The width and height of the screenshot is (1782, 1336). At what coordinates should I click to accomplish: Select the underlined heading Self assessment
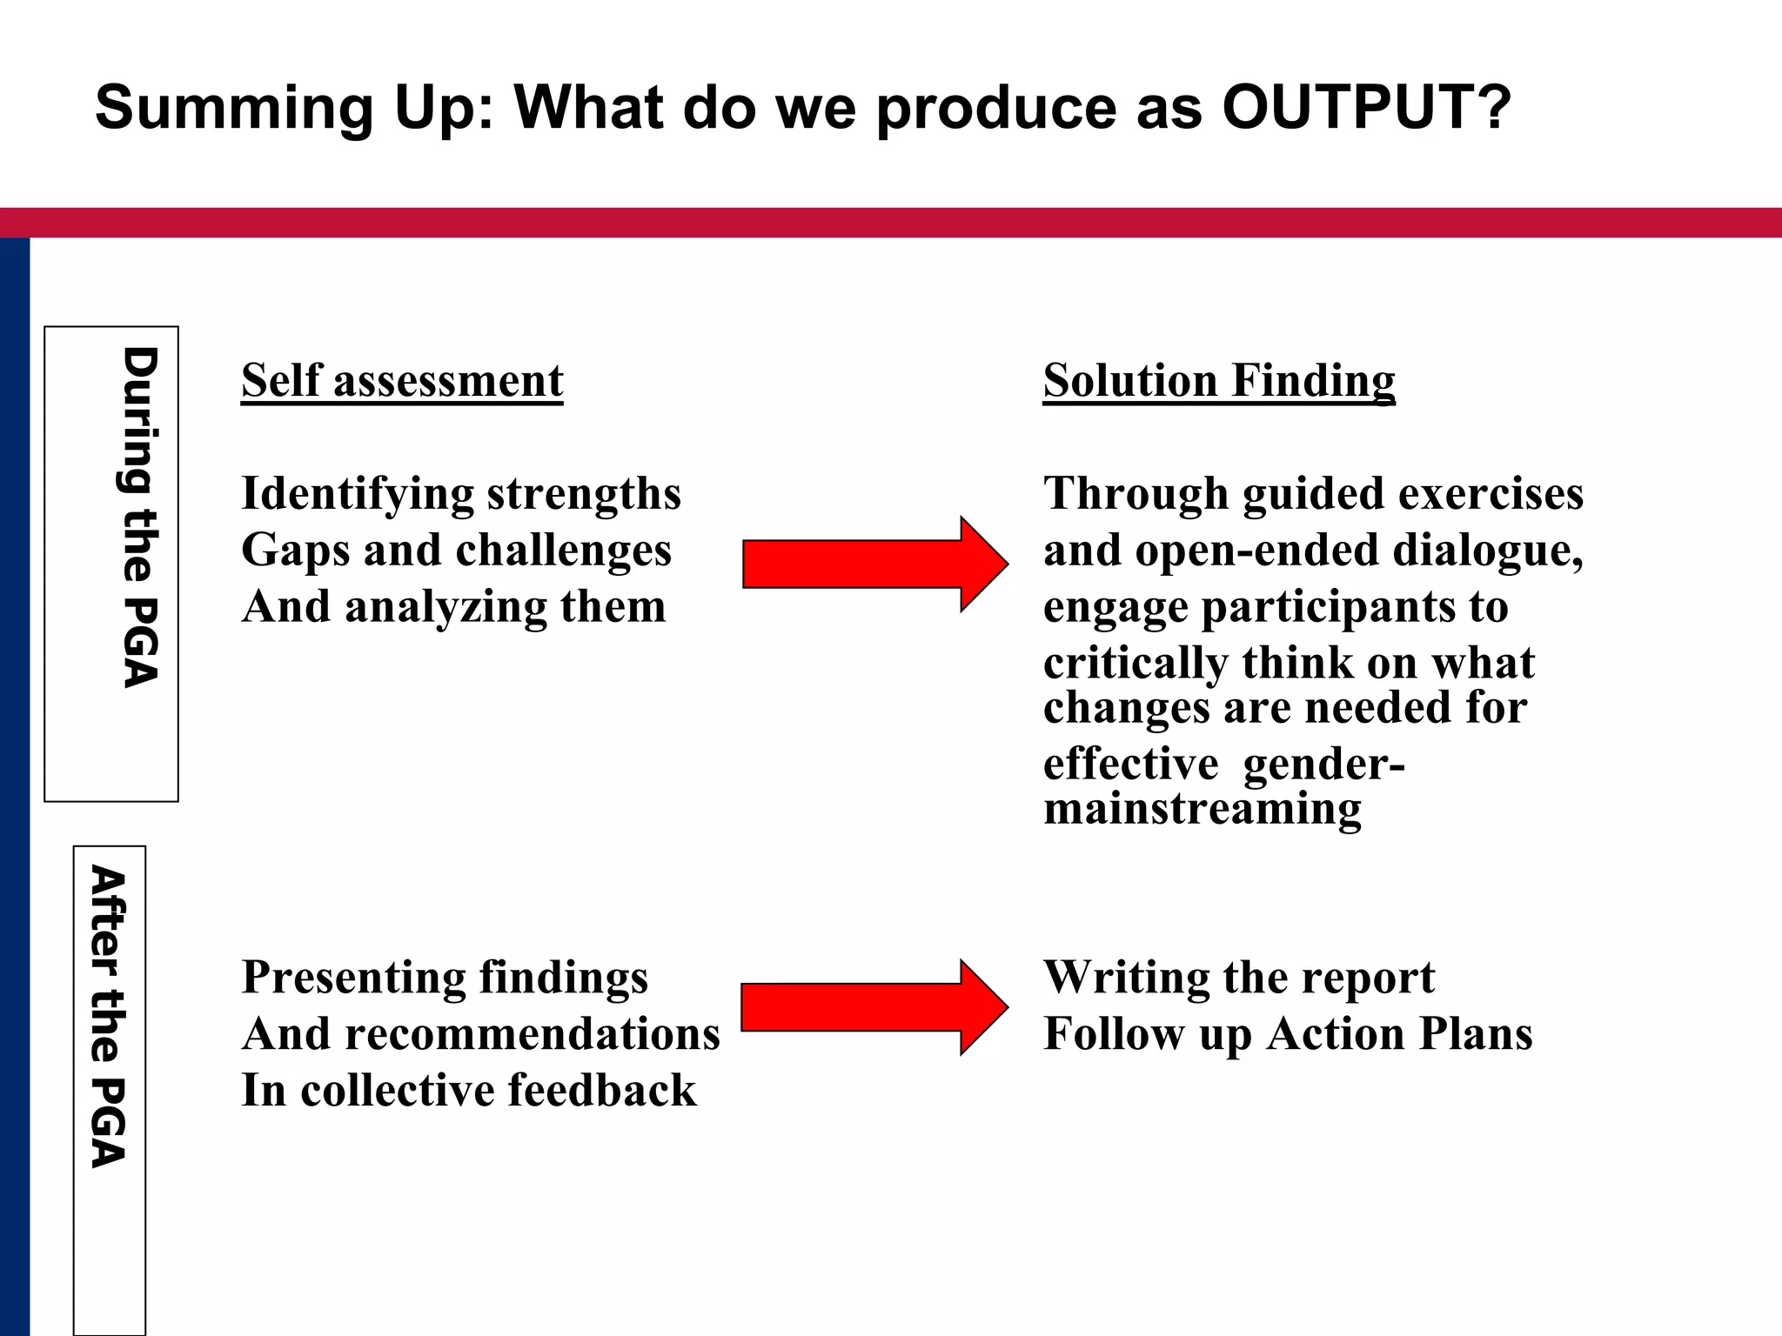pyautogui.click(x=402, y=381)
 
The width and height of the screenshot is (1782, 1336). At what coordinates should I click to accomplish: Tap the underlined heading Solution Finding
pyautogui.click(x=1219, y=381)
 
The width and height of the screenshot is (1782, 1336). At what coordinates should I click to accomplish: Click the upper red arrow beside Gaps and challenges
pyautogui.click(x=874, y=564)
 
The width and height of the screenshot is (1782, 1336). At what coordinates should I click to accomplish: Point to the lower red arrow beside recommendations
pyautogui.click(x=874, y=1007)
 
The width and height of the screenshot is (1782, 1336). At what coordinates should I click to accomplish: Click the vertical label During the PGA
pyautogui.click(x=139, y=518)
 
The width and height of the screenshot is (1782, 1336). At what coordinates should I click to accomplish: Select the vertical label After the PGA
pyautogui.click(x=109, y=1016)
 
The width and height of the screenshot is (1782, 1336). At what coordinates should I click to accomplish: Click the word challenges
pyautogui.click(x=563, y=551)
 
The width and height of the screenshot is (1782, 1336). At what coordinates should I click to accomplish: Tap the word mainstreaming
pyautogui.click(x=1202, y=809)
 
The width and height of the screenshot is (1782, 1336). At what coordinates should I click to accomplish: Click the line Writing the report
pyautogui.click(x=1238, y=978)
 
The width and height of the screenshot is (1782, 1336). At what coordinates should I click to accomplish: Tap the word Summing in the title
pyautogui.click(x=234, y=109)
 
